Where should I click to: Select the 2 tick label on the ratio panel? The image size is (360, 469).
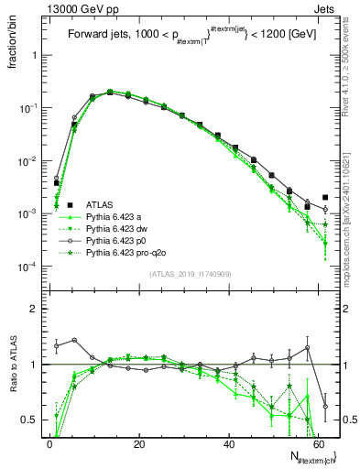35,309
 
